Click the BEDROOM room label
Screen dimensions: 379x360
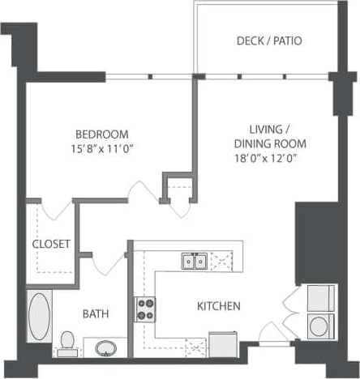click(102, 134)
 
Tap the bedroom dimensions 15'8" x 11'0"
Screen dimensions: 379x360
click(102, 148)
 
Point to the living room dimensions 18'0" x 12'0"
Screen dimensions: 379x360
click(265, 160)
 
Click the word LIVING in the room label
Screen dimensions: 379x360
click(266, 130)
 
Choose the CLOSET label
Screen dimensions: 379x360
click(51, 244)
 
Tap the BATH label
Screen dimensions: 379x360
click(96, 313)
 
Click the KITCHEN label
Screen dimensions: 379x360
click(218, 306)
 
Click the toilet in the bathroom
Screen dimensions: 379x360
click(66, 343)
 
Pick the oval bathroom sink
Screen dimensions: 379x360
click(105, 348)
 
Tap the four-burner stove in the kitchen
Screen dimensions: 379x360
click(145, 309)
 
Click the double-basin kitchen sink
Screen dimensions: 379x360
click(193, 261)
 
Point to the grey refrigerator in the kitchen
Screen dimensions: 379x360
click(222, 344)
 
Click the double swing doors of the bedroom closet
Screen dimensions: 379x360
click(58, 211)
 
